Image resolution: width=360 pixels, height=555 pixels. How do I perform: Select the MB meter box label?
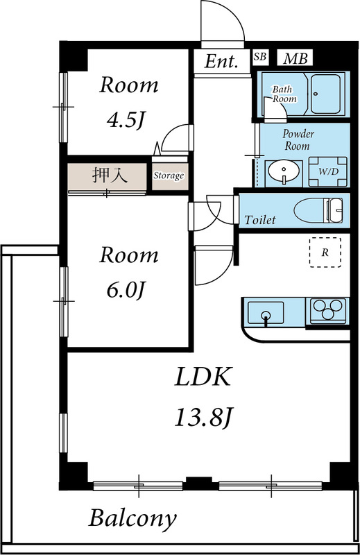pyautogui.click(x=296, y=58)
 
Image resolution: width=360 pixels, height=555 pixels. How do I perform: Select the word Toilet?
pyautogui.click(x=260, y=220)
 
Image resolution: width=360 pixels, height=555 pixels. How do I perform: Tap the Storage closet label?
pyautogui.click(x=169, y=176)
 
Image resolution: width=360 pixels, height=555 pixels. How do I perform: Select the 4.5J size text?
pyautogui.click(x=126, y=120)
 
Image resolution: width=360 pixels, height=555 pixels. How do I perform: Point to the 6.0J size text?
pyautogui.click(x=126, y=290)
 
